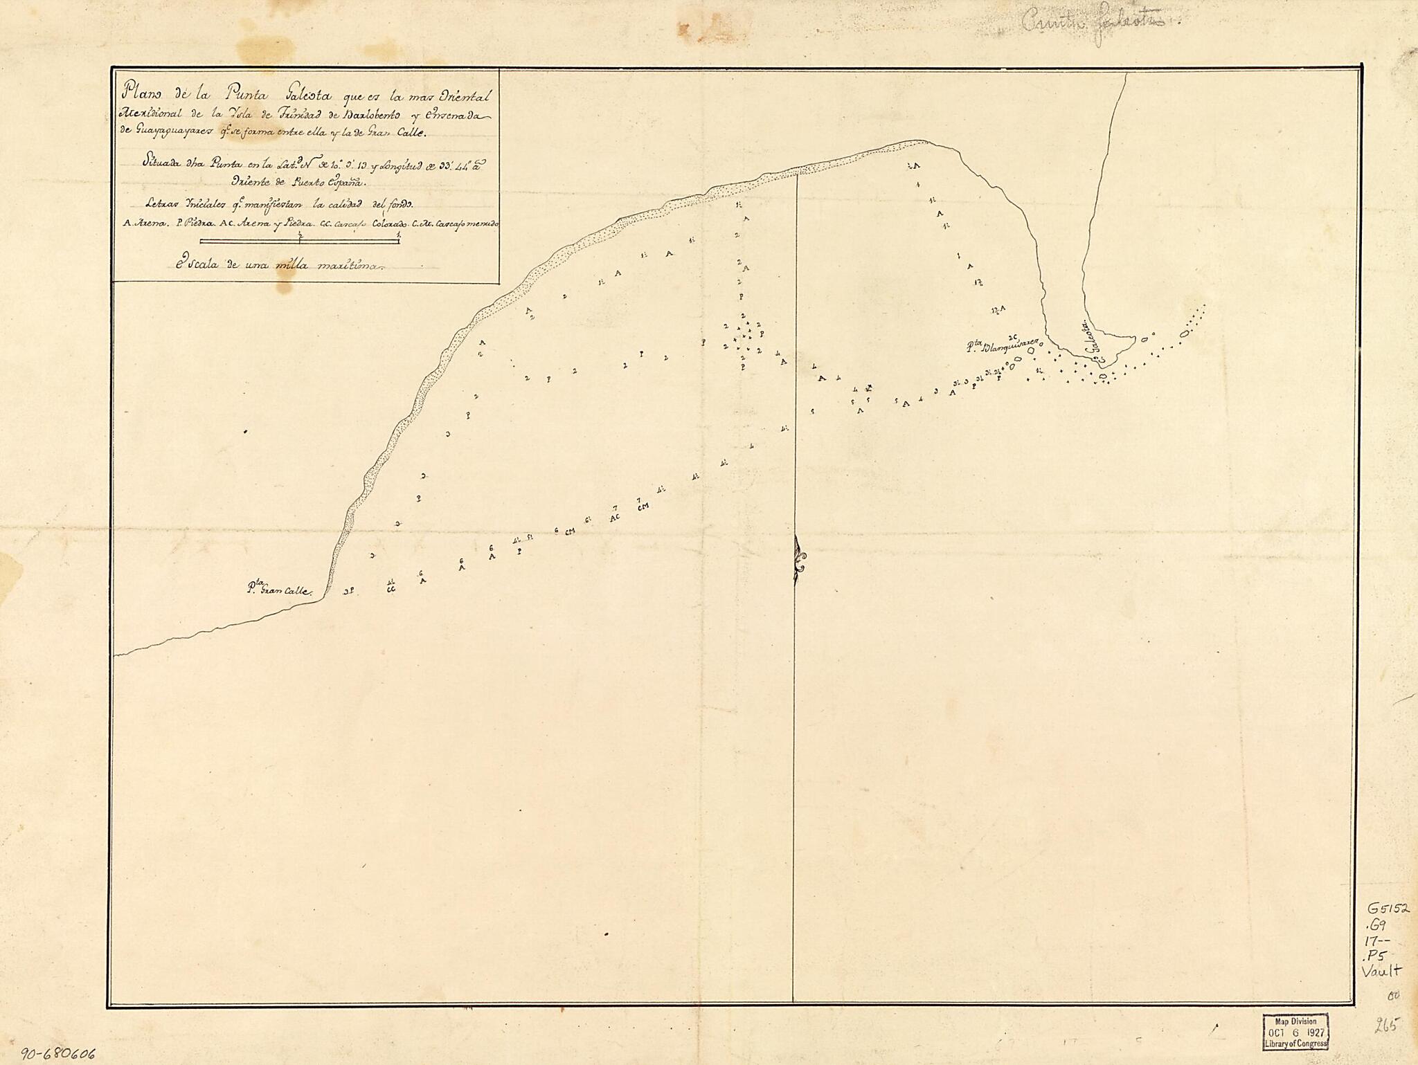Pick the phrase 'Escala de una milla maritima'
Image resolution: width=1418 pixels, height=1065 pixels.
[x=275, y=265]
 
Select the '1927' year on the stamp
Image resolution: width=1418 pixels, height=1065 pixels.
[x=1309, y=1030]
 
